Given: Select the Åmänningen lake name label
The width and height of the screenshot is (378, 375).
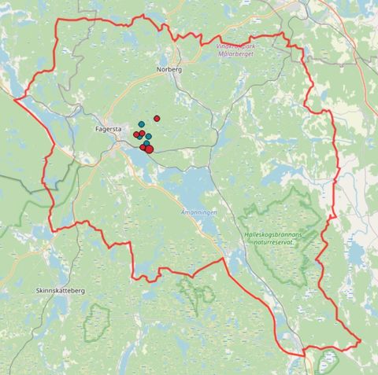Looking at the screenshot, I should tap(198, 213).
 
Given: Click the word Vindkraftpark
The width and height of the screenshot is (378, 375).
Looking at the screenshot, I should tap(245, 45).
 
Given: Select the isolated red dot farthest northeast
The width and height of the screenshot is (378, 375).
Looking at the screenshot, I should tap(157, 118).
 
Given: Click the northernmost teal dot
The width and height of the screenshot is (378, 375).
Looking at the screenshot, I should tap(141, 124).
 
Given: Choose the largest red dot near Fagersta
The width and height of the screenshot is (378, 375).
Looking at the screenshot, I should tap(149, 149).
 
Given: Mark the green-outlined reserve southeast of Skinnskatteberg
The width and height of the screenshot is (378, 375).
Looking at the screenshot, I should tap(97, 321).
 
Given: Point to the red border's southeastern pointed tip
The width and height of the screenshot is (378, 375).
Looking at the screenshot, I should tap(360, 341).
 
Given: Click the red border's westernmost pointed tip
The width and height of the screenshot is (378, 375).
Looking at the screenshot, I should tap(14, 98).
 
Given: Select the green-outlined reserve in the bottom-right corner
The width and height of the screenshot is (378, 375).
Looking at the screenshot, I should tap(325, 360).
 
